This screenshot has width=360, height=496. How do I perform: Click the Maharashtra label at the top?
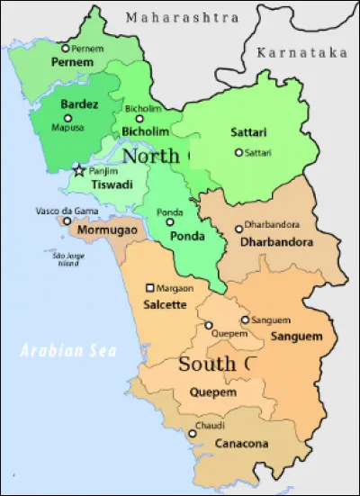(183, 17)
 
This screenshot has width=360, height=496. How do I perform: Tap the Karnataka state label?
(301, 53)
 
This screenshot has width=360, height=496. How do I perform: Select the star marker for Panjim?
(79, 169)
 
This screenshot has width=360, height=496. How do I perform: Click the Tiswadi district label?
(112, 185)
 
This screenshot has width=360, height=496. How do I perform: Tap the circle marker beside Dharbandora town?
(238, 229)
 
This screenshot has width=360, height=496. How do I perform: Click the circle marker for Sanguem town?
(245, 320)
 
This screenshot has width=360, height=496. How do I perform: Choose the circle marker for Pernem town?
(65, 49)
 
